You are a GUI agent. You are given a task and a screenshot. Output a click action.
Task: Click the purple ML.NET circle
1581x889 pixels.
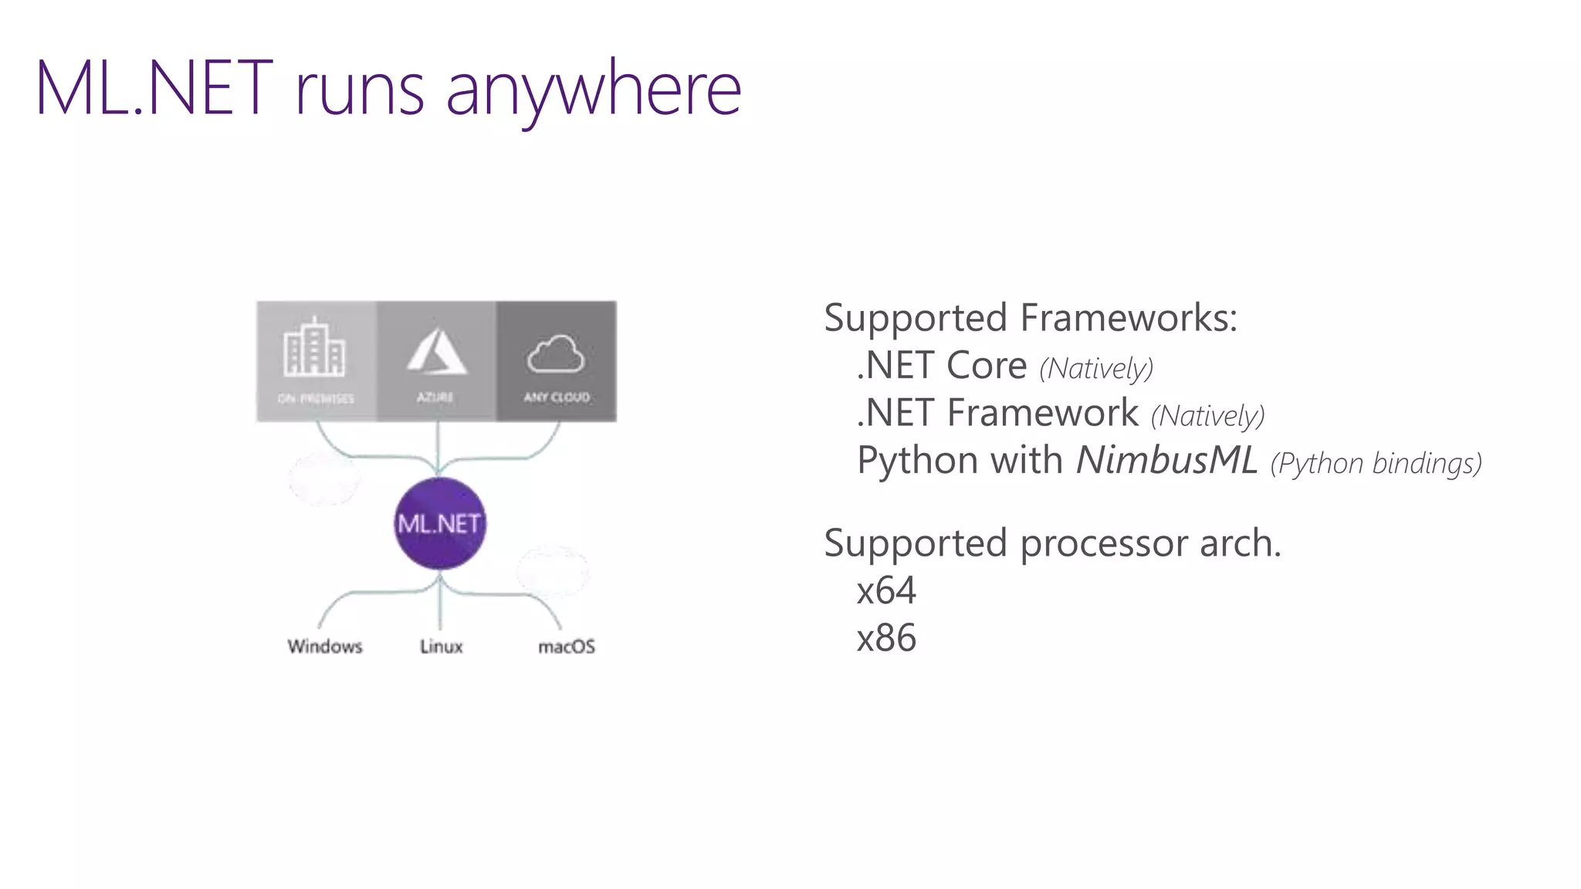[x=439, y=523]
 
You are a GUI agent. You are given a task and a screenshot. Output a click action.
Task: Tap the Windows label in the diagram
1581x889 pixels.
[x=325, y=646]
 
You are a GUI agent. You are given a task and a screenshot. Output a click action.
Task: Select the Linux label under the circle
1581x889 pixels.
[x=441, y=646]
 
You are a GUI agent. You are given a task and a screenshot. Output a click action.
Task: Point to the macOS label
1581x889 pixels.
[x=566, y=646]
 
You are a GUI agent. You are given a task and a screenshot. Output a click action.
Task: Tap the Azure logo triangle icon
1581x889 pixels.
[x=437, y=352]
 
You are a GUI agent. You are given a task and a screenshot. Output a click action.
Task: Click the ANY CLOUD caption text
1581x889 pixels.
[x=557, y=397]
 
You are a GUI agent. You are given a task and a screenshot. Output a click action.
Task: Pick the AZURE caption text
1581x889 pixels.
[x=435, y=397]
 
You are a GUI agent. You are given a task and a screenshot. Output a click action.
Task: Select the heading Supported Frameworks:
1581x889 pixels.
[x=1030, y=318]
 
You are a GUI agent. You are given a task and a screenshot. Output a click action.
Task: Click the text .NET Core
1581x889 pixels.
[x=942, y=366]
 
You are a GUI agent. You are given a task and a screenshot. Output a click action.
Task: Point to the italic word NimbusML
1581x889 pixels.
[x=1166, y=460]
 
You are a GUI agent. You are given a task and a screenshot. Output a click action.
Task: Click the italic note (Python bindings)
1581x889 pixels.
[x=1376, y=463]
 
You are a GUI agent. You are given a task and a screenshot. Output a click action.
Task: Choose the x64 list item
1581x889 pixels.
[x=886, y=591]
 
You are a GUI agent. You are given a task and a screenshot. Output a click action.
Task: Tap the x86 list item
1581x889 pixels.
[x=886, y=638]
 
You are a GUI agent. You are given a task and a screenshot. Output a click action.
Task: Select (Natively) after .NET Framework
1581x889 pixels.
[x=1207, y=415]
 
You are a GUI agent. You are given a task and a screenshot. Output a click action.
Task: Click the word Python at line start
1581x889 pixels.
[x=918, y=461]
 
